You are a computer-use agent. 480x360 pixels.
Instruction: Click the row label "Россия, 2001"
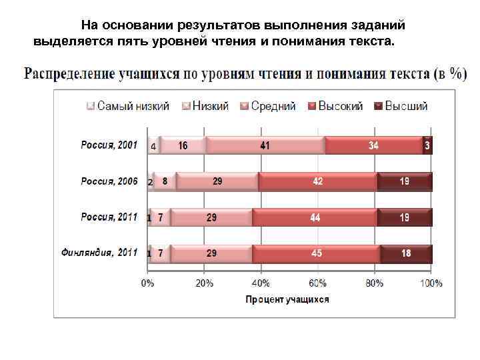click(109, 145)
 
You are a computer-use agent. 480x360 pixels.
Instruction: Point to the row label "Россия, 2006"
click(109, 181)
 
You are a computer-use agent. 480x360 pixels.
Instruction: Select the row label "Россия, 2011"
click(109, 217)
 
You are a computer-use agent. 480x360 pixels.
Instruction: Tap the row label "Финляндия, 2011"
click(99, 253)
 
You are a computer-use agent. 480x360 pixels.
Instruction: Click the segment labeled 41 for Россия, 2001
click(265, 145)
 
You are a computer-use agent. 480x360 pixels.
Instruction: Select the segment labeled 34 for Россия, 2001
click(374, 145)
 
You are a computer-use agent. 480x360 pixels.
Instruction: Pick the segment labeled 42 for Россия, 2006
click(318, 181)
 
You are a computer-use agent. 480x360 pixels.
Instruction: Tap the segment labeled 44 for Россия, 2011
click(315, 217)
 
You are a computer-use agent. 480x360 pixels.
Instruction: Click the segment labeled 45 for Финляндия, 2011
click(317, 253)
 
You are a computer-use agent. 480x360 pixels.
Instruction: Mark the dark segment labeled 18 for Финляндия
click(406, 253)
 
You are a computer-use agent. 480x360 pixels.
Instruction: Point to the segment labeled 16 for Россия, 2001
click(183, 145)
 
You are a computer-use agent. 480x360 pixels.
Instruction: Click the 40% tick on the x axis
click(261, 283)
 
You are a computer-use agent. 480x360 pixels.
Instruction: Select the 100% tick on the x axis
click(431, 283)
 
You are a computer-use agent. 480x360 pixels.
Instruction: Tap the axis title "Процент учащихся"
click(287, 299)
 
